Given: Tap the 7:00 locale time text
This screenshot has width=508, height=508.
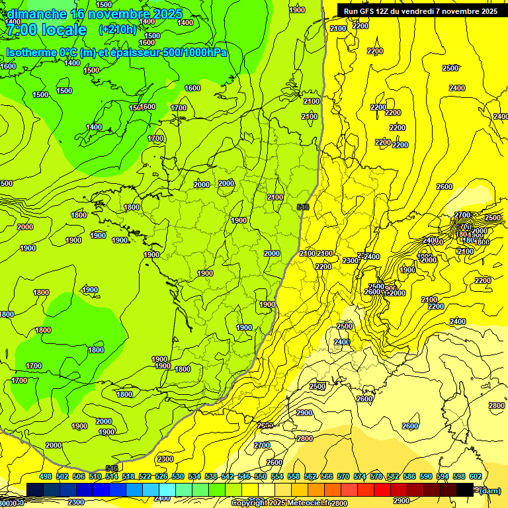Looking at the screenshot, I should pos(46,30).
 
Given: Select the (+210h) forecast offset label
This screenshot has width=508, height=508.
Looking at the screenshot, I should pos(117,29).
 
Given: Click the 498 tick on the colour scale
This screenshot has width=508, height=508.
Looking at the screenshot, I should pos(46,476).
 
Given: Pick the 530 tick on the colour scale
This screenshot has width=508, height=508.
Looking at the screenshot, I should pos(178,476).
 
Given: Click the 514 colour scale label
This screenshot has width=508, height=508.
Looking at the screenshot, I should pos(112,476).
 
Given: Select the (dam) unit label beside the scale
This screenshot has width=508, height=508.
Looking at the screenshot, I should pos(490,490).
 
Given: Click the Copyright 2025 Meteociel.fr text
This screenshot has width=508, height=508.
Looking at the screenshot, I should pos(281,503).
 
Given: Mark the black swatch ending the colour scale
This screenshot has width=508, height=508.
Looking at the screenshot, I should pos(465,489).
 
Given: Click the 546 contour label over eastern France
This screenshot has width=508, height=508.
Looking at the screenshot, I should pos(304,207).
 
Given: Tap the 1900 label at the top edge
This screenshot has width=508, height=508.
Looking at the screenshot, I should pos(297,9).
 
